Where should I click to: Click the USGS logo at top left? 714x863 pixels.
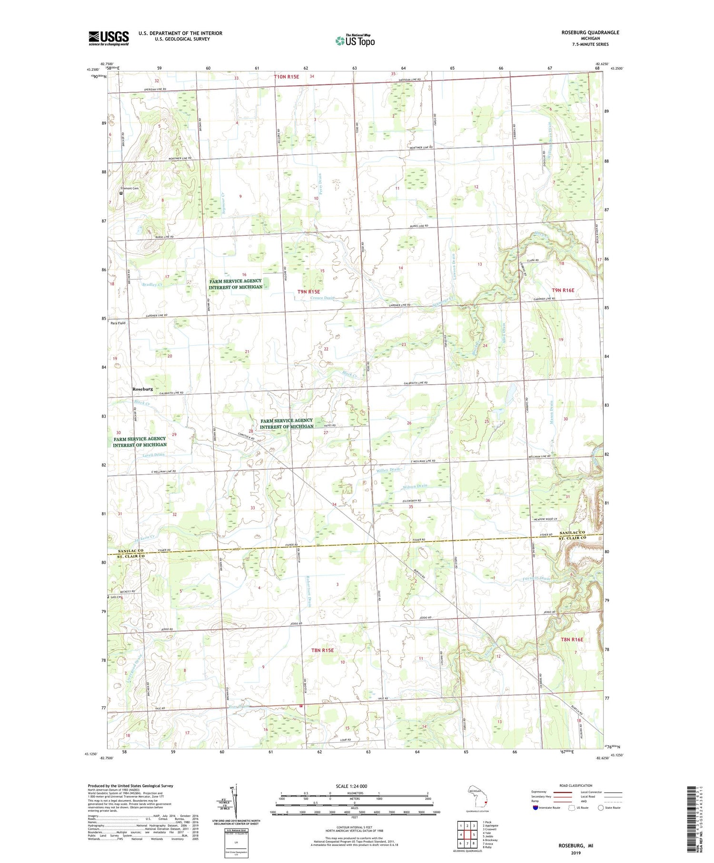tap(109, 38)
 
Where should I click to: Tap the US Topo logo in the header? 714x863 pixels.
tap(355, 41)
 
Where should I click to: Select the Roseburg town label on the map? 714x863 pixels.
tap(143, 389)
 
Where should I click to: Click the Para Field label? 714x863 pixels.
tap(118, 323)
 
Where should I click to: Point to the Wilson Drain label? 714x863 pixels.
tap(415, 486)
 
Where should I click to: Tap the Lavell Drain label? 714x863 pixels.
tap(153, 455)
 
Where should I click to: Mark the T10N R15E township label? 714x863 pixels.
tap(286, 77)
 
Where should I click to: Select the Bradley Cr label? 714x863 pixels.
tap(152, 285)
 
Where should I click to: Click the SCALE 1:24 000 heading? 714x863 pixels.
tap(354, 786)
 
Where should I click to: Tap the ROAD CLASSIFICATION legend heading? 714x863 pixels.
tap(576, 785)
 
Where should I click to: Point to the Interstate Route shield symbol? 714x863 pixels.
tap(535, 807)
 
